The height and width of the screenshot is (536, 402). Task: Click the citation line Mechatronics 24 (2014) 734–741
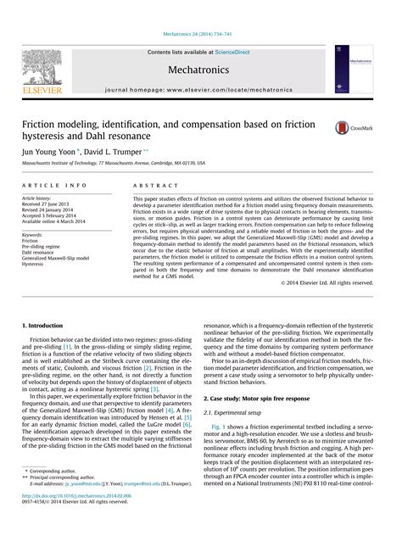tap(201, 10)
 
